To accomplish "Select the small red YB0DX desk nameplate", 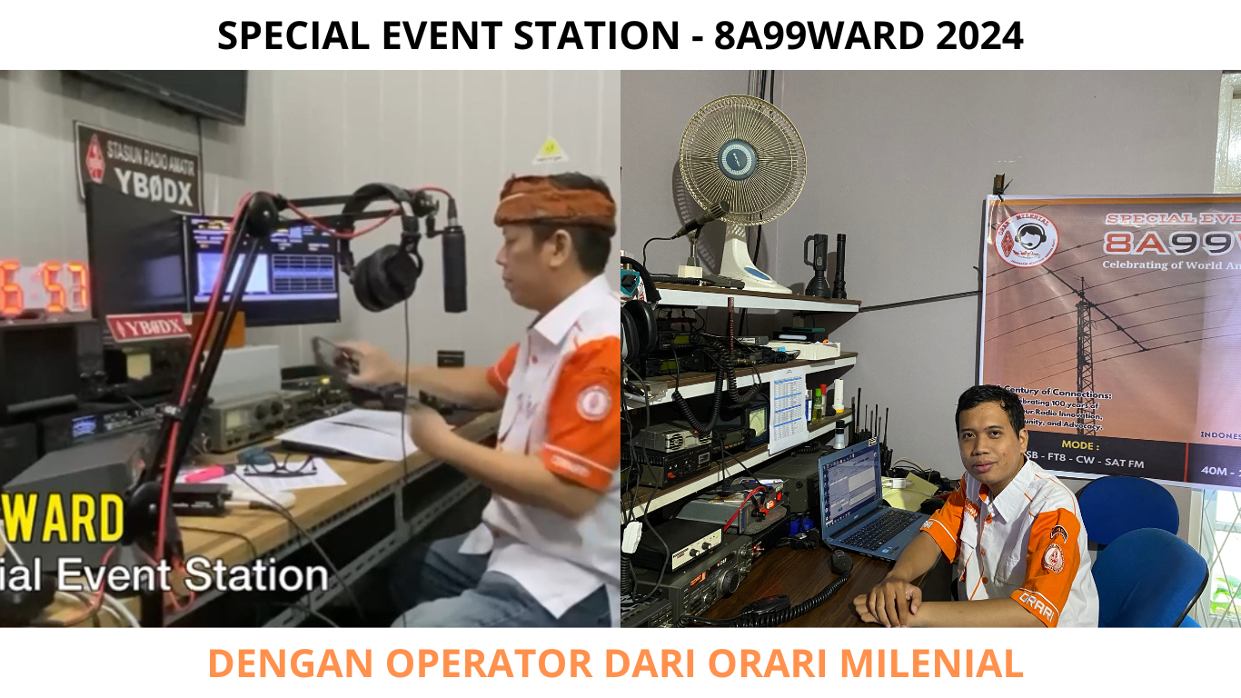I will click(148, 326).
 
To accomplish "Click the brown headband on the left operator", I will click(555, 204).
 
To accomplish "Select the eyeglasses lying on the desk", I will click(278, 465).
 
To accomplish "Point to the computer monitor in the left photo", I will click(263, 269).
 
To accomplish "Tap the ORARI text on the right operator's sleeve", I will click(1036, 604).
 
